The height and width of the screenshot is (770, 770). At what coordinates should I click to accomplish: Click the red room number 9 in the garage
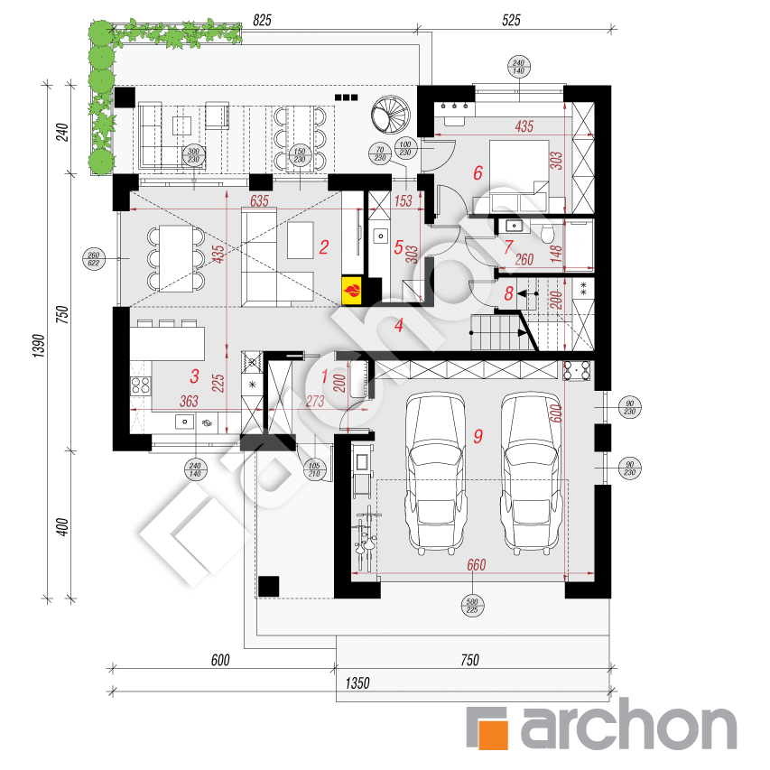[x=478, y=436]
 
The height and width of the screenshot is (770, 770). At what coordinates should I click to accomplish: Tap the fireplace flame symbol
[x=354, y=291]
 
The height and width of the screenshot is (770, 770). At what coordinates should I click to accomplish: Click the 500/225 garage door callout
[x=470, y=606]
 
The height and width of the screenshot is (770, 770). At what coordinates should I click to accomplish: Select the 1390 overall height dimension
[x=37, y=343]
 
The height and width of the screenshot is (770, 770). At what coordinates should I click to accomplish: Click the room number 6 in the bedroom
[x=478, y=172]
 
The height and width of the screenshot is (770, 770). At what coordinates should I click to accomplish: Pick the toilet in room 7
[x=550, y=235]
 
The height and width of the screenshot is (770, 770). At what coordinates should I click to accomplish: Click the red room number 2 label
[x=323, y=245]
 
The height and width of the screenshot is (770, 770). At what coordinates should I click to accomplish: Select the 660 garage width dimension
[x=476, y=565]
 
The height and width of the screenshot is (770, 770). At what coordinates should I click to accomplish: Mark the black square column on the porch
[x=268, y=586]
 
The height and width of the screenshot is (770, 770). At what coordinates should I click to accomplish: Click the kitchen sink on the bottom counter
[x=184, y=420]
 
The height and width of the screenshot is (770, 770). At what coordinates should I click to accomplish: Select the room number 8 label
[x=509, y=292]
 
